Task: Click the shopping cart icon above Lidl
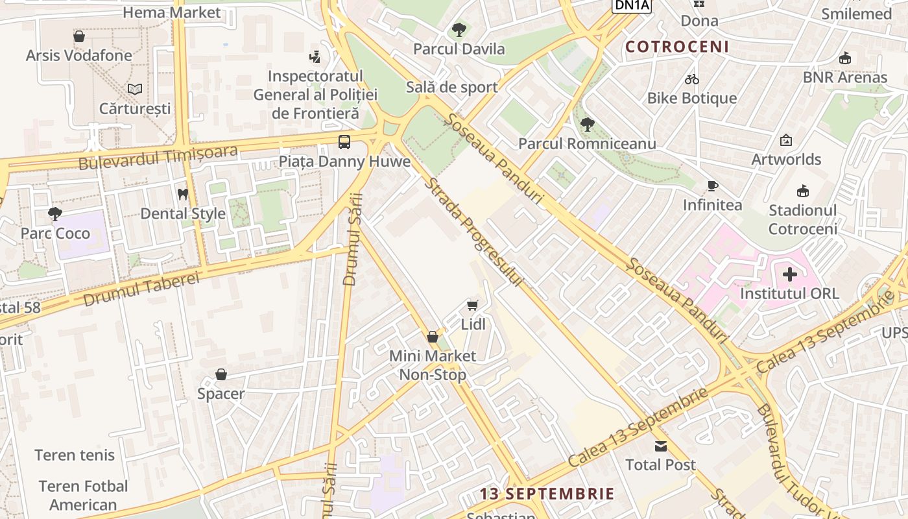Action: click(473, 305)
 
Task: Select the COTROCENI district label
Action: click(677, 47)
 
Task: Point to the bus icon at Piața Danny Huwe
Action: click(344, 141)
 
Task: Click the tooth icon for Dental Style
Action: click(183, 194)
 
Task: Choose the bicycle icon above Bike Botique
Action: click(692, 79)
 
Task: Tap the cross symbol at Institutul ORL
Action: click(789, 274)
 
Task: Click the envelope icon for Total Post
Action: click(660, 446)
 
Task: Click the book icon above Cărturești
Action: click(135, 89)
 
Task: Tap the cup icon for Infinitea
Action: click(712, 186)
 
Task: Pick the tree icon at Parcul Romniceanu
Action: click(587, 124)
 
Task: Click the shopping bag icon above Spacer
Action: click(221, 374)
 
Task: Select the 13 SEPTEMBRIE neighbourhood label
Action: click(547, 494)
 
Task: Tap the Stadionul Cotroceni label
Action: click(802, 219)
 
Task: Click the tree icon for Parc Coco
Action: click(55, 213)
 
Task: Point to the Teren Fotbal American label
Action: click(83, 495)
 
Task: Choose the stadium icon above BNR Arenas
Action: click(844, 58)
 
